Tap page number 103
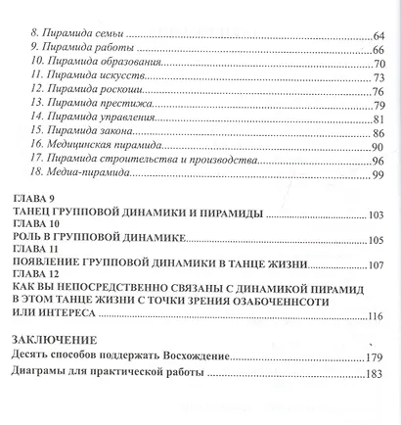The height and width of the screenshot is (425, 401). point(381,217)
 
